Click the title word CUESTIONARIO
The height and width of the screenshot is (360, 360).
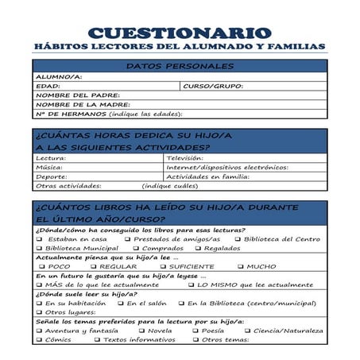[180, 33]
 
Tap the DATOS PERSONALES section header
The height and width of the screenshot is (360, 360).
[179, 66]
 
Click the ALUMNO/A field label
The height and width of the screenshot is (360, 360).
[59, 76]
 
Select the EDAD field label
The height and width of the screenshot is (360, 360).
[48, 86]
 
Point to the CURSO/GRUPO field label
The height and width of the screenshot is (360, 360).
[212, 86]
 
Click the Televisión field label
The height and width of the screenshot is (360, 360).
[185, 158]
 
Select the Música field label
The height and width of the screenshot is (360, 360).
[49, 167]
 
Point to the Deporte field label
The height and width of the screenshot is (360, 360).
[52, 176]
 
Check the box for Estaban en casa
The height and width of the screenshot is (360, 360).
[39, 239]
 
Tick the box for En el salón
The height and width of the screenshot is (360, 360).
[119, 304]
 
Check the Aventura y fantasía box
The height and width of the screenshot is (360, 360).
[39, 331]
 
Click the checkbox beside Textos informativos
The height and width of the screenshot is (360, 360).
[96, 340]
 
